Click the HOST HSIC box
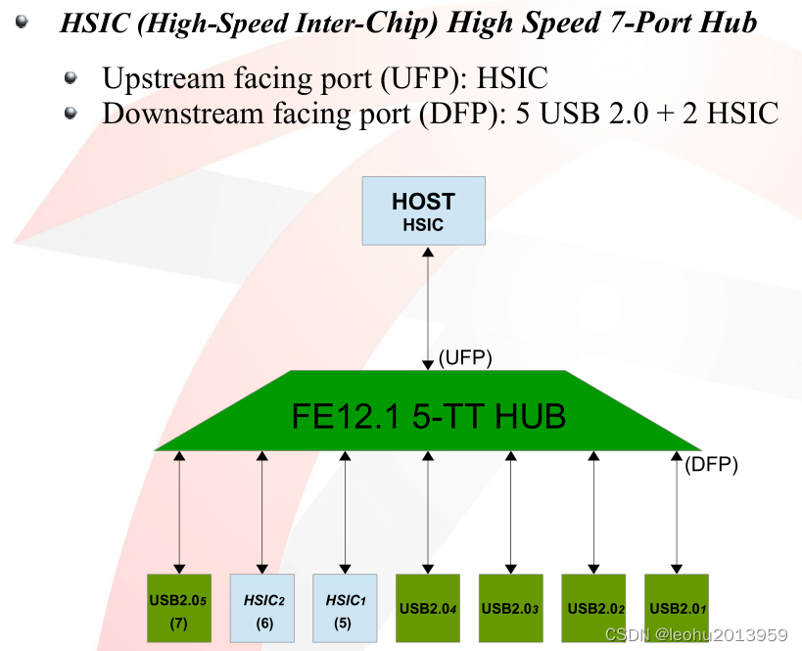pos(423,210)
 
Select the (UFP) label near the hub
pos(465,359)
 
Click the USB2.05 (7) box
pos(178,607)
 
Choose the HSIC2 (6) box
pos(261,607)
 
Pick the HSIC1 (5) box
pos(344,607)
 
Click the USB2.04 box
pos(427,607)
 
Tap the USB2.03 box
pos(510,607)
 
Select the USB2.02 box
pos(592,607)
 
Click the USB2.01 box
pos(676,607)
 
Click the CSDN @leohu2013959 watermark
pos(696,634)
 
